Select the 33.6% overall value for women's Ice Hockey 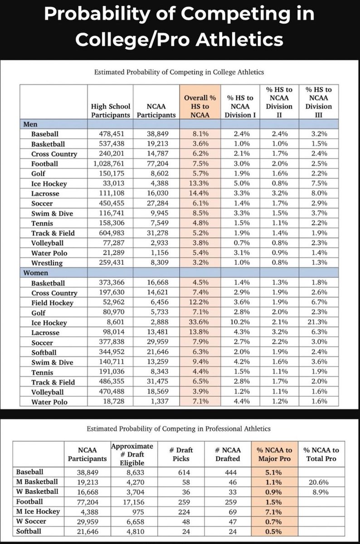[x=200, y=323]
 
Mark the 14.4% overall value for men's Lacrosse [x=200, y=193]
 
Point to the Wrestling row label [x=47, y=263]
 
